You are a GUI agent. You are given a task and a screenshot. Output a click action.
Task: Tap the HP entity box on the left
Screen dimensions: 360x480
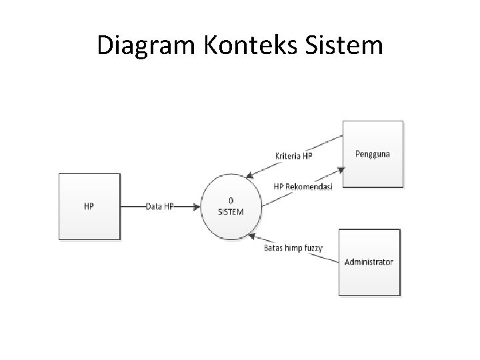(89, 206)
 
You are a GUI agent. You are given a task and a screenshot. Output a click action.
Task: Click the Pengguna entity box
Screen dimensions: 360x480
(373, 153)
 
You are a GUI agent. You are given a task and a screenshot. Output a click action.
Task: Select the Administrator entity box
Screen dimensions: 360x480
(369, 261)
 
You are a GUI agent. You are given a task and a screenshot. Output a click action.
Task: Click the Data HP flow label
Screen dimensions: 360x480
(160, 207)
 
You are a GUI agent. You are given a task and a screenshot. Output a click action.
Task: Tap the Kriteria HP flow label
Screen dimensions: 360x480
(293, 157)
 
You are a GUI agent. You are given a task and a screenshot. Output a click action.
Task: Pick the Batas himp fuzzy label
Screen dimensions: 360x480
(293, 248)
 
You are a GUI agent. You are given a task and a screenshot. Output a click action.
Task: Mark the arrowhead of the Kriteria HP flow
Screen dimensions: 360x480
(248, 177)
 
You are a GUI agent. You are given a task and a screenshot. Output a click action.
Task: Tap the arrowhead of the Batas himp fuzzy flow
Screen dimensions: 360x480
(251, 234)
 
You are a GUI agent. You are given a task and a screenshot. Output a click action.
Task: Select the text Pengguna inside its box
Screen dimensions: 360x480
(373, 154)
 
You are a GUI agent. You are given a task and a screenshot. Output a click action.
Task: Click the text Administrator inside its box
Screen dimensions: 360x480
(369, 261)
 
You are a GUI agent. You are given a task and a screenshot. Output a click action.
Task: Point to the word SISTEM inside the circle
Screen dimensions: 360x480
(231, 211)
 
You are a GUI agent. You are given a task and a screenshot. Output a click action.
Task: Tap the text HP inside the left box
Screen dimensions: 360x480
(89, 206)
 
